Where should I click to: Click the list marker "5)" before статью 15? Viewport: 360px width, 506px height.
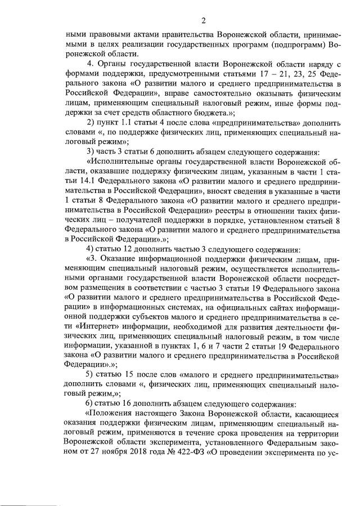point(90,374)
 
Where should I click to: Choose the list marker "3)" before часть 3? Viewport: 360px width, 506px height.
point(90,150)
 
